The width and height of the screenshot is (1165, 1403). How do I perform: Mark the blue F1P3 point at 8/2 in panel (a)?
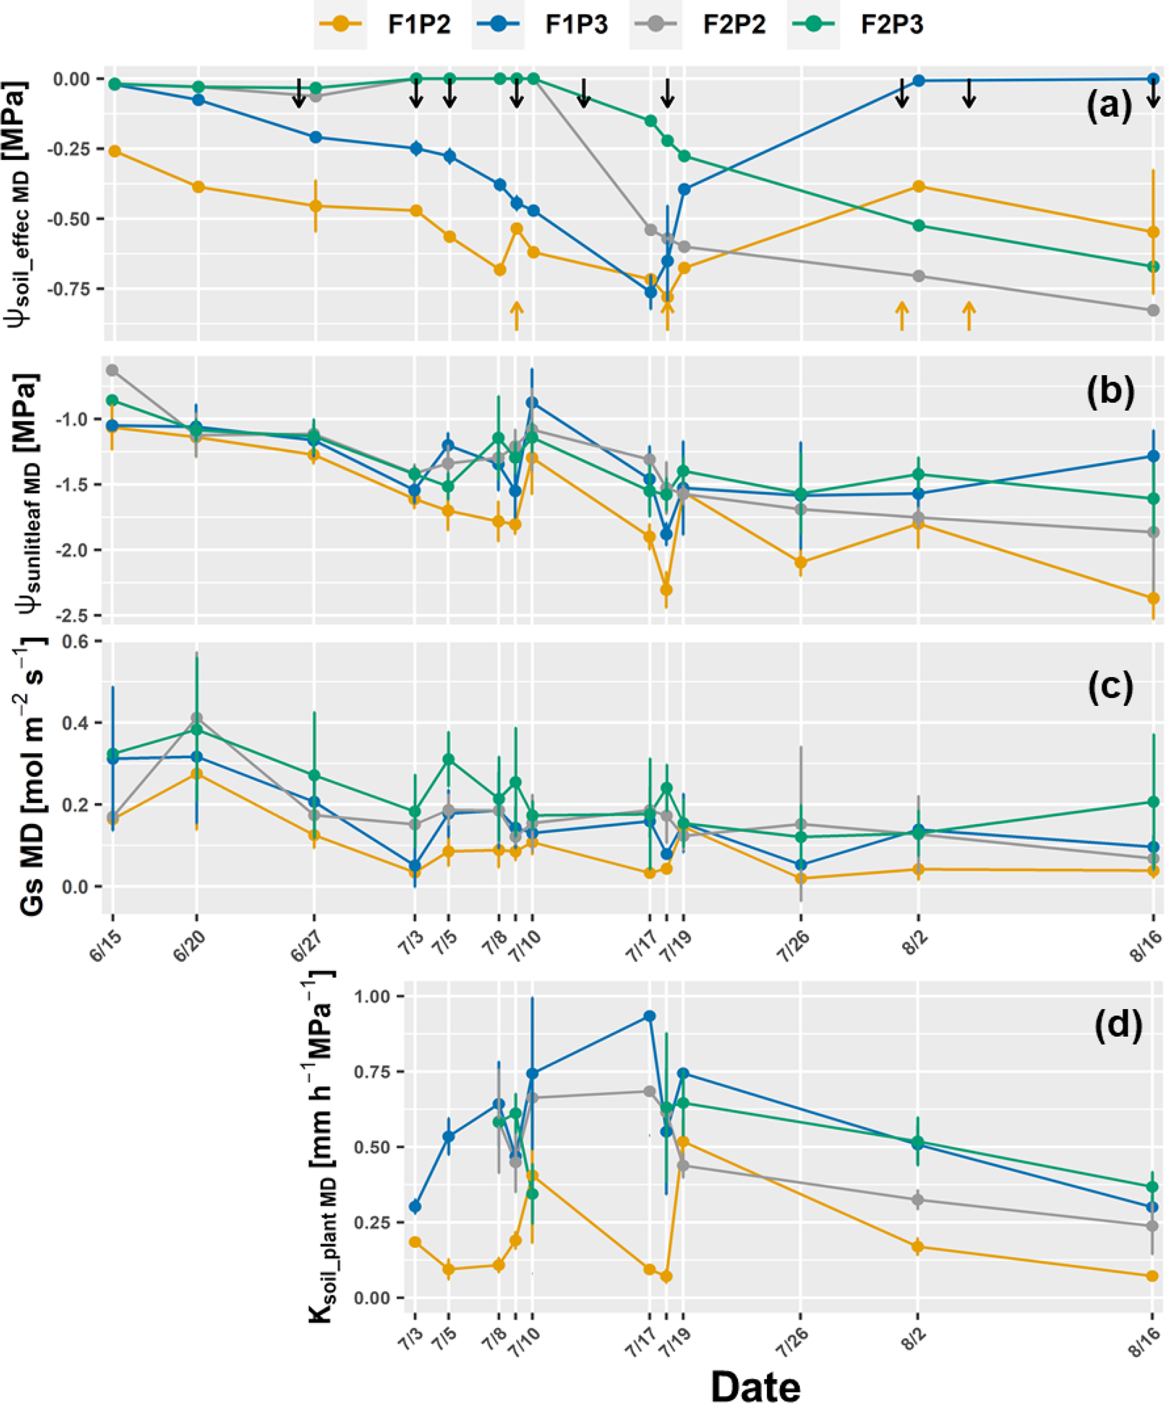(x=919, y=80)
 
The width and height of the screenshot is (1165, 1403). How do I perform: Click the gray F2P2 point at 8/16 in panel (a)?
(x=1153, y=311)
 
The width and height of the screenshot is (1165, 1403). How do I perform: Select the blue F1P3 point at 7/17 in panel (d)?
(x=649, y=1016)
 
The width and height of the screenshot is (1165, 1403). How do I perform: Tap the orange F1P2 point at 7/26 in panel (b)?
(x=800, y=563)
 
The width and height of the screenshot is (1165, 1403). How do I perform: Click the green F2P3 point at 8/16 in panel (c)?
(x=1153, y=802)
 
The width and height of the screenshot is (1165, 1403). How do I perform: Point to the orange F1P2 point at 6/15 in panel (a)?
(x=114, y=152)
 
